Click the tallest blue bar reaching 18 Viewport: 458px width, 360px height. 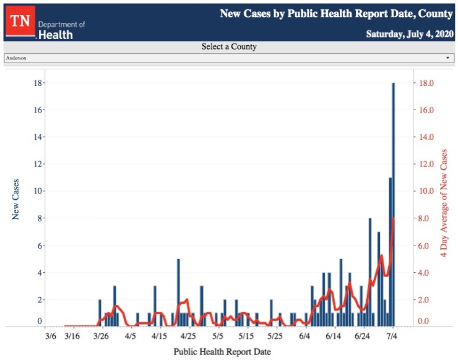(x=393, y=204)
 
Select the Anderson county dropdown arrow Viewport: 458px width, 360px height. (x=447, y=58)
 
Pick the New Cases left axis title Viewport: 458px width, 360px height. (x=16, y=199)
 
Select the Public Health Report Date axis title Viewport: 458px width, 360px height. (x=222, y=351)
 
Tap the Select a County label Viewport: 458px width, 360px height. (x=229, y=47)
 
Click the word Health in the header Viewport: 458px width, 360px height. (x=56, y=35)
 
